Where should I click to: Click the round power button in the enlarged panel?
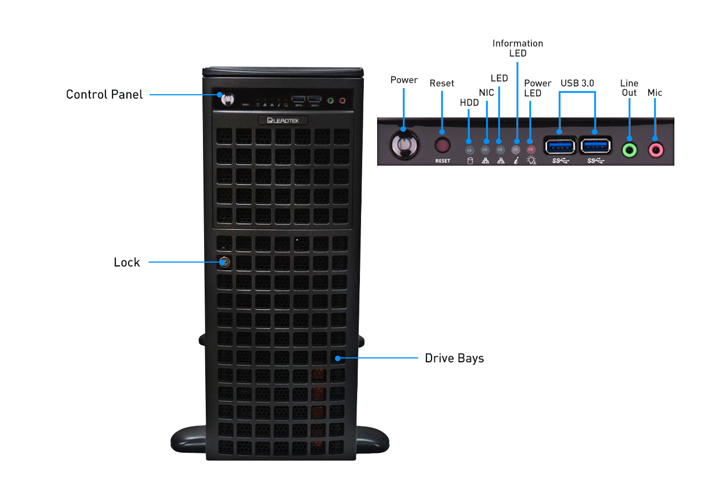pyautogui.click(x=404, y=146)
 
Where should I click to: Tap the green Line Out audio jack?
pyautogui.click(x=629, y=148)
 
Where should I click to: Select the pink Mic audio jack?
pyautogui.click(x=656, y=148)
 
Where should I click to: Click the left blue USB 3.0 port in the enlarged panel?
pyautogui.click(x=560, y=146)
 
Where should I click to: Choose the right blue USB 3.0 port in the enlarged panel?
pyautogui.click(x=595, y=146)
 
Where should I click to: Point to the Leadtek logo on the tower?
pyautogui.click(x=283, y=120)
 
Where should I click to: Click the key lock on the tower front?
pyautogui.click(x=225, y=262)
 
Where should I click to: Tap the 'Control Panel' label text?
pyautogui.click(x=104, y=95)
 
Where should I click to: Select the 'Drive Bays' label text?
pyautogui.click(x=454, y=358)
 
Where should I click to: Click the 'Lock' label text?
pyautogui.click(x=127, y=263)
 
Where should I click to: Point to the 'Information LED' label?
pyautogui.click(x=517, y=48)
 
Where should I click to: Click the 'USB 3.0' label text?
pyautogui.click(x=577, y=83)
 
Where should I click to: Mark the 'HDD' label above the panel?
pyautogui.click(x=469, y=102)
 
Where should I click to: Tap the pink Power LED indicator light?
pyautogui.click(x=531, y=149)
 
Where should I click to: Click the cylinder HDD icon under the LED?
pyautogui.click(x=470, y=161)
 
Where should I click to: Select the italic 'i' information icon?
pyautogui.click(x=516, y=161)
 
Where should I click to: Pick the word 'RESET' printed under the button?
pyautogui.click(x=443, y=161)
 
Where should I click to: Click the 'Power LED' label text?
pyautogui.click(x=537, y=88)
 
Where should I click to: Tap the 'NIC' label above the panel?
pyautogui.click(x=486, y=93)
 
